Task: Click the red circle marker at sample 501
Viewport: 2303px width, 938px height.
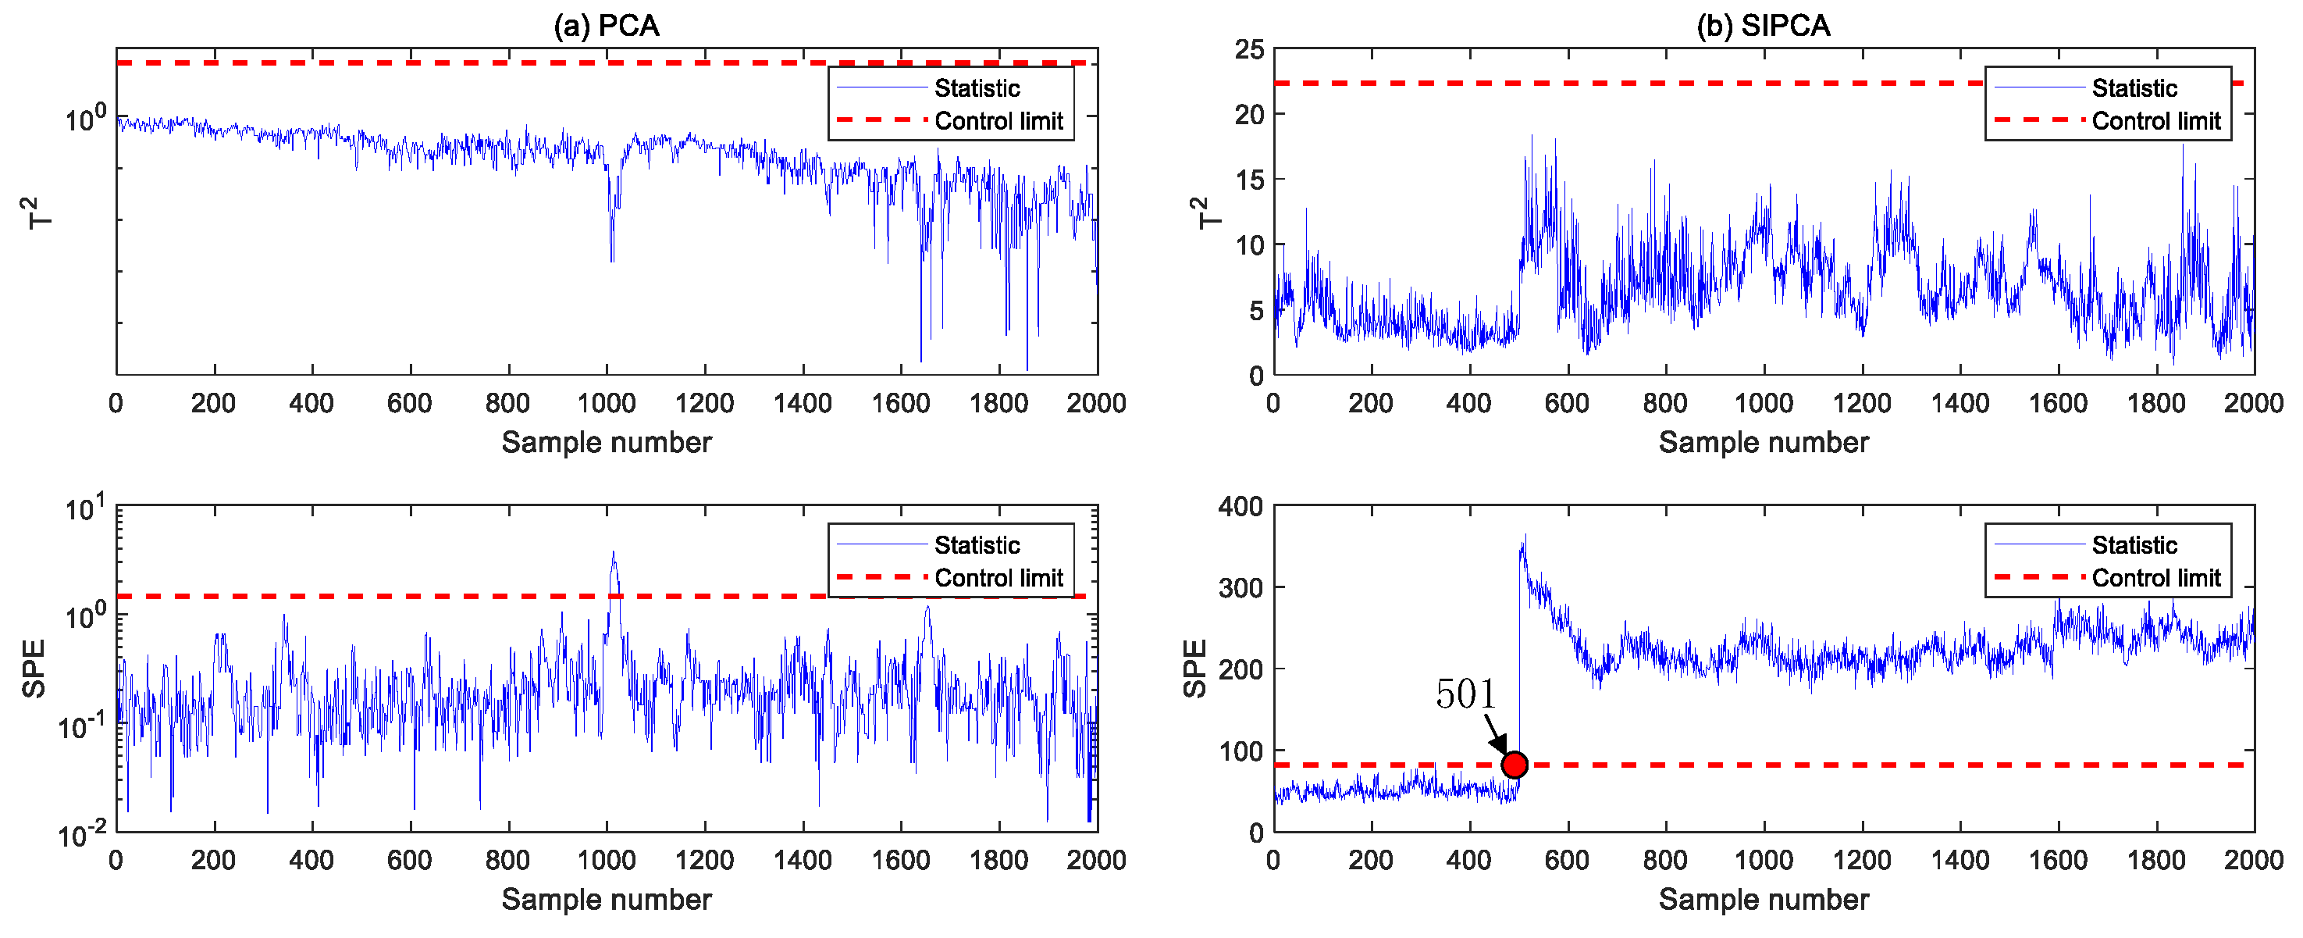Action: pyautogui.click(x=1514, y=765)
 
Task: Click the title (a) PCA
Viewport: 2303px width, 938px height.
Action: pyautogui.click(x=606, y=25)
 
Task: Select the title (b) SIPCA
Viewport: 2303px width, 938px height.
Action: pyautogui.click(x=1763, y=25)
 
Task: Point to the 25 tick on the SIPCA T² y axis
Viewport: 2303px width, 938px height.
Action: pyautogui.click(x=1250, y=50)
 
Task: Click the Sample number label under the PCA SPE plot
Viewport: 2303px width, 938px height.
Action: pyautogui.click(x=606, y=899)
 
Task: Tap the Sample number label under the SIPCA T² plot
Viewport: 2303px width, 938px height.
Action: pyautogui.click(x=1763, y=442)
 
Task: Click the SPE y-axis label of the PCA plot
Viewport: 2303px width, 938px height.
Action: pyautogui.click(x=34, y=668)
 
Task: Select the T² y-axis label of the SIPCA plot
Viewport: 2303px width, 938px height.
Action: pyautogui.click(x=1206, y=212)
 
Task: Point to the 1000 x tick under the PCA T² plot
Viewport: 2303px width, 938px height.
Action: pyautogui.click(x=606, y=403)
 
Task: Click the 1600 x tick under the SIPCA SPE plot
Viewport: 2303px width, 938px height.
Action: pyautogui.click(x=2058, y=860)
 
